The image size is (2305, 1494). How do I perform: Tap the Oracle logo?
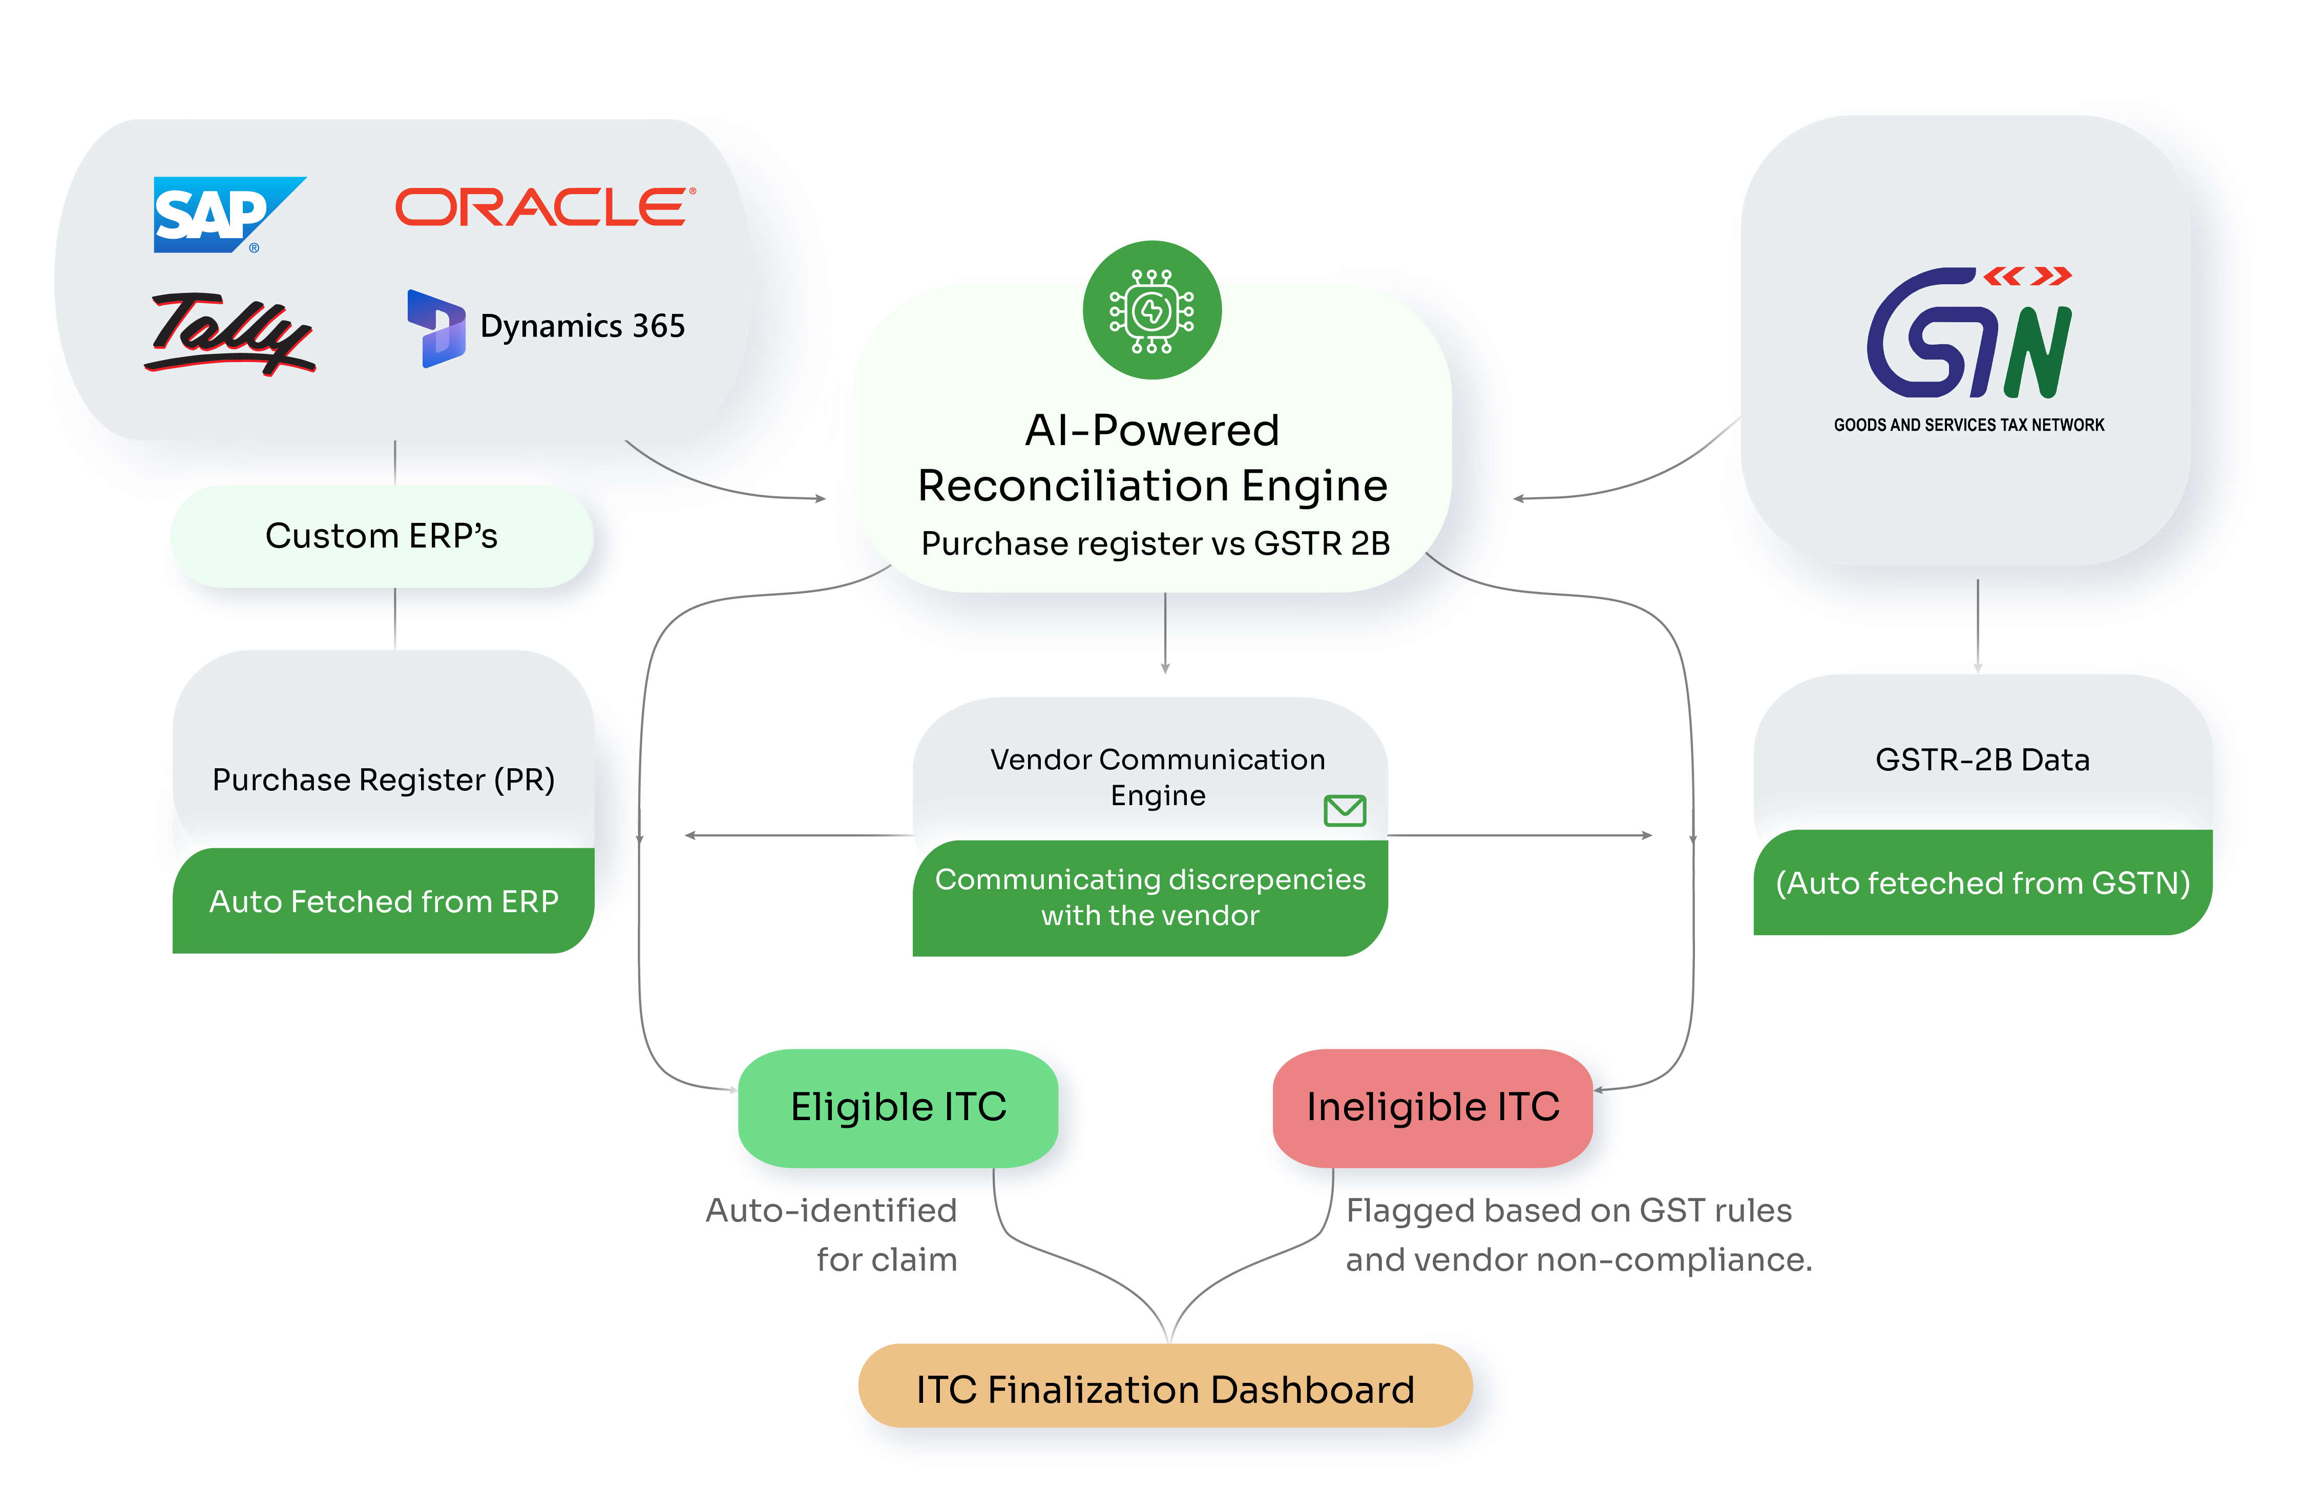tap(545, 207)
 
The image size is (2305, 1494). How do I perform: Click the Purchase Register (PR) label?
tap(384, 780)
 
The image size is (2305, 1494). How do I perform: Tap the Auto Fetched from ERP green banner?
tap(384, 901)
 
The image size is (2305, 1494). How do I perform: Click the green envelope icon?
tap(1344, 810)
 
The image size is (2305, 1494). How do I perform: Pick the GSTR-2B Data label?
tap(1981, 760)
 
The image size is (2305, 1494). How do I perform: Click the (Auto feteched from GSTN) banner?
tap(1981, 883)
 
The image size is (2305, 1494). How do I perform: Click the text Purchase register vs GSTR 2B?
tap(1155, 544)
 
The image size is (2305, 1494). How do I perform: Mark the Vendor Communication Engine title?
tap(1157, 776)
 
